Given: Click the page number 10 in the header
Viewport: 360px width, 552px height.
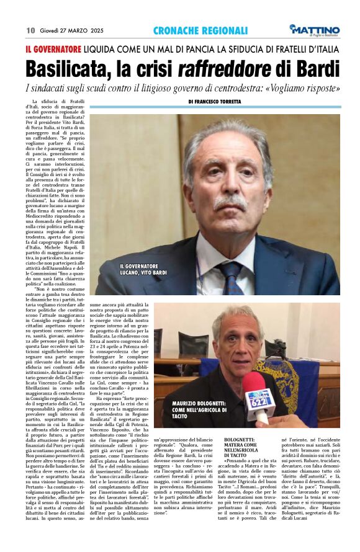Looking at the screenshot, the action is click(30, 30).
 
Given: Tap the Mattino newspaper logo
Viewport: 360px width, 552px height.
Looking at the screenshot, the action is click(317, 30).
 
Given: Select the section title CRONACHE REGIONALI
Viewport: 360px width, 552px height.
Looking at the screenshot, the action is click(200, 30).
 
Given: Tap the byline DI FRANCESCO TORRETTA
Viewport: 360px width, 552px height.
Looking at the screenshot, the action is click(223, 101).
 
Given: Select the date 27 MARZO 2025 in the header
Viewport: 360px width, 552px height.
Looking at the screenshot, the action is click(86, 30).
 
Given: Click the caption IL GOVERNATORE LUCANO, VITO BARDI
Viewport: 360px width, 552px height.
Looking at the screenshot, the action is click(135, 270).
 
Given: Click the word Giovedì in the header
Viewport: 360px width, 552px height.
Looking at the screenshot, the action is click(52, 30).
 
